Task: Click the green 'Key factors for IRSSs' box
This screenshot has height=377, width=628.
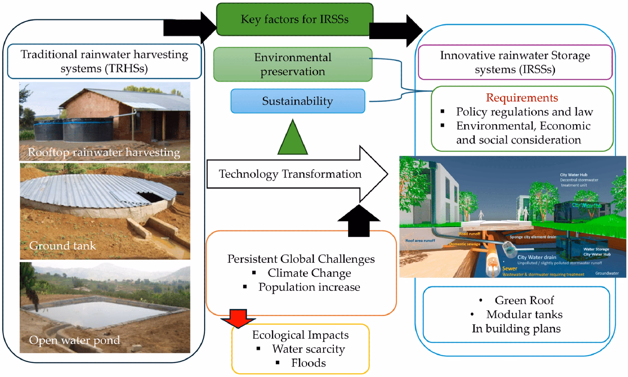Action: tap(294, 19)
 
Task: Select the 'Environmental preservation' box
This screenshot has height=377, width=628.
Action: tap(293, 64)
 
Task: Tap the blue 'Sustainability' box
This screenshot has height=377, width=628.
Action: tap(298, 101)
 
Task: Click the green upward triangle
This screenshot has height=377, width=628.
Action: tap(292, 139)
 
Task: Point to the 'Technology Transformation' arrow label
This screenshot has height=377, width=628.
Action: tap(290, 174)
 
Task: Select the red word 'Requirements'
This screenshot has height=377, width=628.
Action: tap(522, 98)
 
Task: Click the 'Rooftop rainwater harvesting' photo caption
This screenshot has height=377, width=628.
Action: tap(104, 153)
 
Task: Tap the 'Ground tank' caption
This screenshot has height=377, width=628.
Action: tap(62, 246)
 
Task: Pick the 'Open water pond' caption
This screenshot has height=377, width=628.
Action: tap(74, 340)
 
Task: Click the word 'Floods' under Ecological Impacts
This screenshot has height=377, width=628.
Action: tap(308, 363)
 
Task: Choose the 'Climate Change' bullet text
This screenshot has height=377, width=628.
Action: tap(309, 273)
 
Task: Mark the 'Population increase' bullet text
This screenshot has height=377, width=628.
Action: tap(309, 287)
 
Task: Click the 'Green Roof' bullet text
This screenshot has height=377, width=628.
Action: tap(524, 300)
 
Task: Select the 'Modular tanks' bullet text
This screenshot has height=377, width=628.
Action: tap(524, 314)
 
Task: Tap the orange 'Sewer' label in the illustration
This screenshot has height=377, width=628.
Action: tap(510, 269)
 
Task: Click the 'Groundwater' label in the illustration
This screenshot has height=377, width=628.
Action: tap(607, 273)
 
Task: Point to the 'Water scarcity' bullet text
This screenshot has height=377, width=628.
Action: tap(308, 349)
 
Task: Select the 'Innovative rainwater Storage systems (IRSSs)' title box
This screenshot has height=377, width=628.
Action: tap(515, 62)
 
